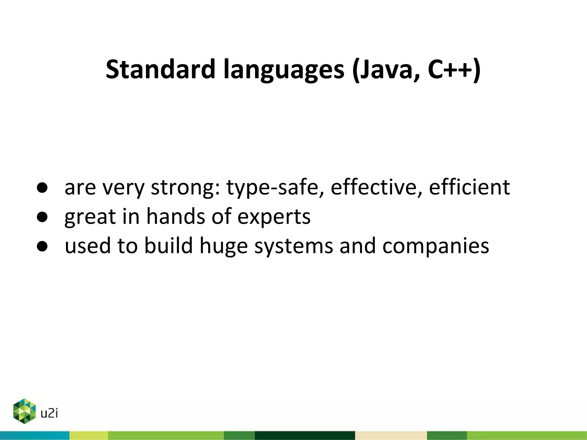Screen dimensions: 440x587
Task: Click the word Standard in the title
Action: coord(161,69)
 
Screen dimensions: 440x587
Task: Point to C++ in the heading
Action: coord(450,69)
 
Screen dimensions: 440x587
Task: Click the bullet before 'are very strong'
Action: coord(42,188)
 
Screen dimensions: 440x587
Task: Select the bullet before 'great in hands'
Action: coord(42,217)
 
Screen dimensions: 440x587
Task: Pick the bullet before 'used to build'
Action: coord(42,246)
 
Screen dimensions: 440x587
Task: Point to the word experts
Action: coord(274,217)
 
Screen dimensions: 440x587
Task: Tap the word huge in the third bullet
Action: coord(224,246)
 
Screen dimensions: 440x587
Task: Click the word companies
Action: coord(435,246)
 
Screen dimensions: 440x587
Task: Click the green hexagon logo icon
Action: coord(25,411)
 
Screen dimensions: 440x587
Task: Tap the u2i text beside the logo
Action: coord(49,413)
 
